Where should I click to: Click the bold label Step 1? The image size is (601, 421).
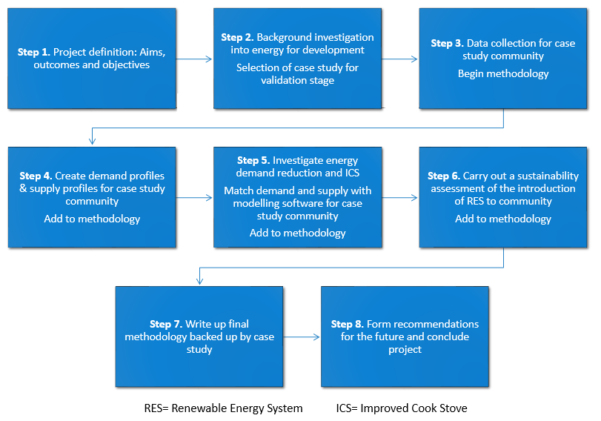[x=34, y=53]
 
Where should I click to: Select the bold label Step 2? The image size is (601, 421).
[x=237, y=37]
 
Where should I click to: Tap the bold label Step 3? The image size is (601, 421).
[x=447, y=44]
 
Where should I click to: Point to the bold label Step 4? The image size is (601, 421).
[x=36, y=176]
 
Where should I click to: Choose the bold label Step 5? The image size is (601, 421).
[x=253, y=160]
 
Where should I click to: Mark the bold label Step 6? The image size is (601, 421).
[x=444, y=176]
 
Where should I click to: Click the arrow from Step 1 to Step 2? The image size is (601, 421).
[x=194, y=59]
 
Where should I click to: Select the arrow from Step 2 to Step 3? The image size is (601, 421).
[x=399, y=59]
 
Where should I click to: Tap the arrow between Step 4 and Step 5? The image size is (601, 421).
[x=194, y=197]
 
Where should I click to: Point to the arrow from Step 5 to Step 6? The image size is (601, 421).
[x=399, y=197]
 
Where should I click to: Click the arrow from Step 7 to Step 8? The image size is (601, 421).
[x=301, y=337]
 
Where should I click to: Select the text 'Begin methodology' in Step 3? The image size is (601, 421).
[x=503, y=73]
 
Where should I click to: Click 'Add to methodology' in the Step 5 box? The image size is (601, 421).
[x=297, y=233]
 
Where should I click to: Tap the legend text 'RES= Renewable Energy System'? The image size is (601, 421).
[x=223, y=408]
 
